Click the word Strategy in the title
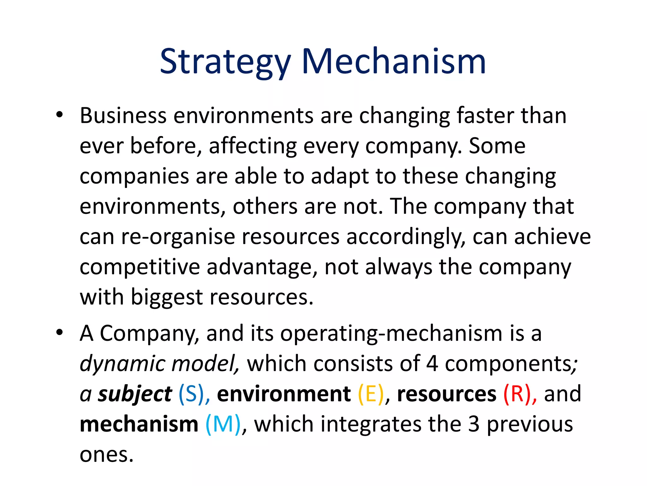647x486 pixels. coord(225,62)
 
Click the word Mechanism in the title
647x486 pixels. coord(394,62)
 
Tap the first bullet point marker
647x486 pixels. coord(59,115)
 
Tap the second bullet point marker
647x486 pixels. coord(59,333)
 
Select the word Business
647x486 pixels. coord(123,115)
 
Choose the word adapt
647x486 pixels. coord(340,177)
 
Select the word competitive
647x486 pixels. coord(140,267)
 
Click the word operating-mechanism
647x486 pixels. coord(391,334)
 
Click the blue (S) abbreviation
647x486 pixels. coord(191,394)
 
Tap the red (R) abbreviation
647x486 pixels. coord(517,394)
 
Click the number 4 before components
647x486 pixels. coord(432,364)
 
